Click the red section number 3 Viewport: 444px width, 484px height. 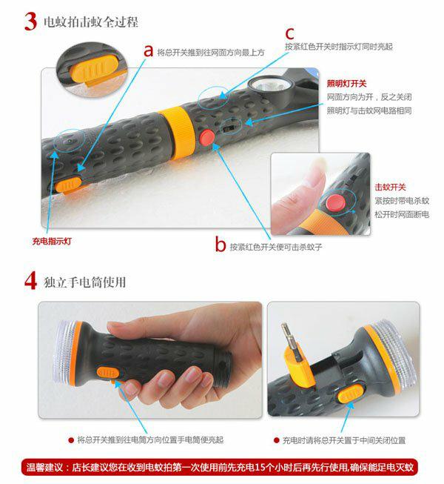[x=30, y=21]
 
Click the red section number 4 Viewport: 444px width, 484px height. [x=31, y=281]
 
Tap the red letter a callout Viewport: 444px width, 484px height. [x=149, y=51]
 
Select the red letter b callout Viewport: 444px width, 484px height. [x=221, y=244]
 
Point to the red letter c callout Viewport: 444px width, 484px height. [x=289, y=33]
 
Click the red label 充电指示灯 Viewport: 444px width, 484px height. [x=52, y=241]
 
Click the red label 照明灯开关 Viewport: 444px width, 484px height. [x=346, y=83]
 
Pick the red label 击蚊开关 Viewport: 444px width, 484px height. [x=390, y=187]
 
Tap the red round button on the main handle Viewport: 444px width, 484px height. [x=207, y=137]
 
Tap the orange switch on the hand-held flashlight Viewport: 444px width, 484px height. [x=109, y=373]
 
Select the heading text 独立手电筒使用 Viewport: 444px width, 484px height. [x=85, y=282]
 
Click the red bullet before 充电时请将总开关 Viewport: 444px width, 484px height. [x=277, y=440]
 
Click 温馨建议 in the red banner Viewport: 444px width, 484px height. [x=44, y=467]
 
